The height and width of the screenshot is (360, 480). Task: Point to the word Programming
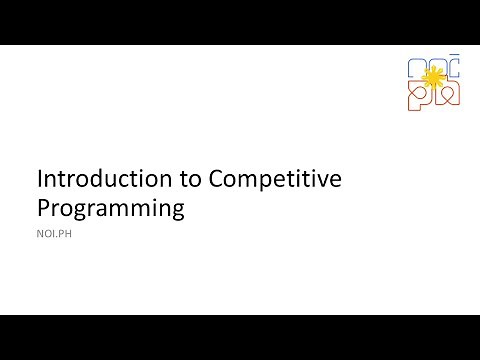click(111, 208)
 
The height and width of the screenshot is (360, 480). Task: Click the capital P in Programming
click(43, 208)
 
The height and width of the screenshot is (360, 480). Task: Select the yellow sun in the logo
click(433, 76)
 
